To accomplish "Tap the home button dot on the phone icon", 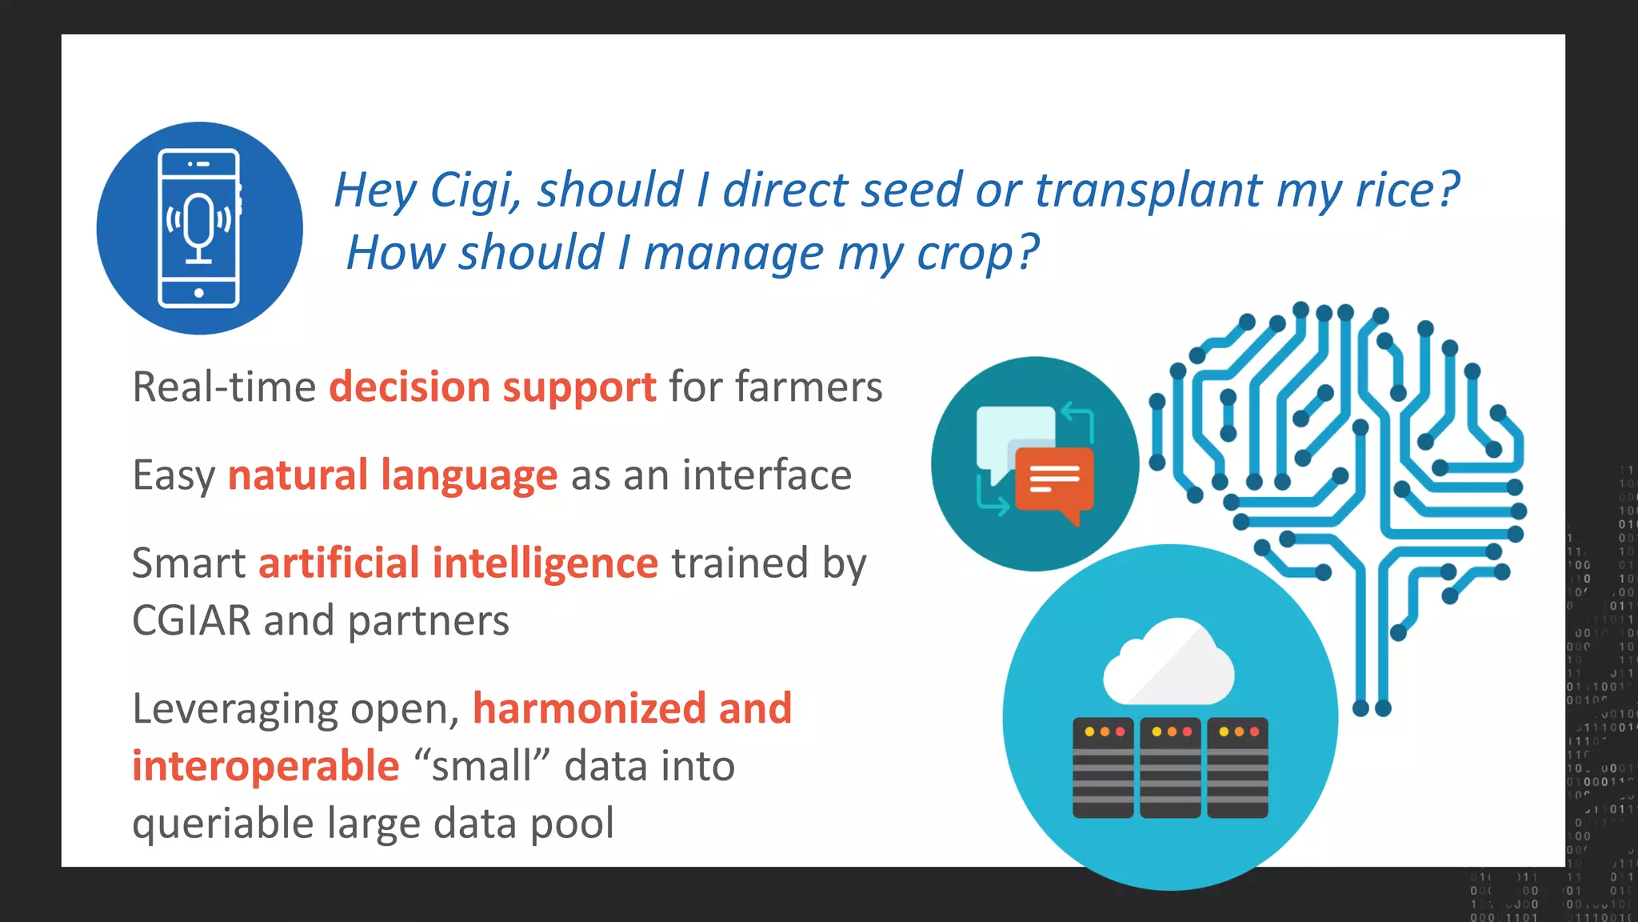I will tap(199, 293).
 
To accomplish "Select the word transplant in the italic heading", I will tap(1149, 190).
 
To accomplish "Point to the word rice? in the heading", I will tap(1408, 190).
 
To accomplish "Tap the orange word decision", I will tap(409, 387).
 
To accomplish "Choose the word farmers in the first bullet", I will tap(809, 387).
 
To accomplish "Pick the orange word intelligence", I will tap(545, 563).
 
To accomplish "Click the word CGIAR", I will tap(191, 621).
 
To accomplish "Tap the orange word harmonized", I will tap(589, 709).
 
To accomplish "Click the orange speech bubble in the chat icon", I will tap(1054, 479).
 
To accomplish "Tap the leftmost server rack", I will tap(1103, 768).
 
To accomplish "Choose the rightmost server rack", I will tap(1237, 768).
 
